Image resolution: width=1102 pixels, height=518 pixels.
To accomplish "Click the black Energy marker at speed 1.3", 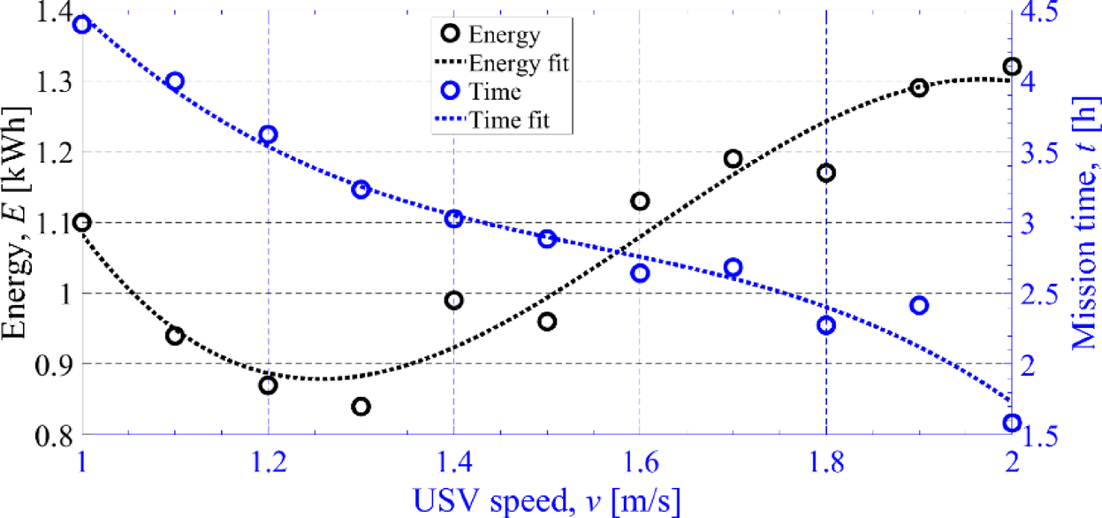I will (x=361, y=407).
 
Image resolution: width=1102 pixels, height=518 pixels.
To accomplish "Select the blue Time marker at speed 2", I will (x=1012, y=423).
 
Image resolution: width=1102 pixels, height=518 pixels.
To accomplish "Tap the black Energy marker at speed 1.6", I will (x=640, y=202).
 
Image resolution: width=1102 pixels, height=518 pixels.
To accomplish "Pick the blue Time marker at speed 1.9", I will (x=919, y=306).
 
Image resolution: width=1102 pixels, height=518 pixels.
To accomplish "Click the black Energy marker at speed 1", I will (x=82, y=223).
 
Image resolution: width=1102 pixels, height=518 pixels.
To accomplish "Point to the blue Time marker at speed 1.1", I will (x=175, y=81).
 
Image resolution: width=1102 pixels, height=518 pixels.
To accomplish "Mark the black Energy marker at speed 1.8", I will (x=826, y=173).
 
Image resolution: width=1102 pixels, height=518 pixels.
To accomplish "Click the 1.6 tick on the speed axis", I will (x=640, y=461).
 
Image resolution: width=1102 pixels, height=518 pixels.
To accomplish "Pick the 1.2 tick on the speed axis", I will (x=268, y=461).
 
